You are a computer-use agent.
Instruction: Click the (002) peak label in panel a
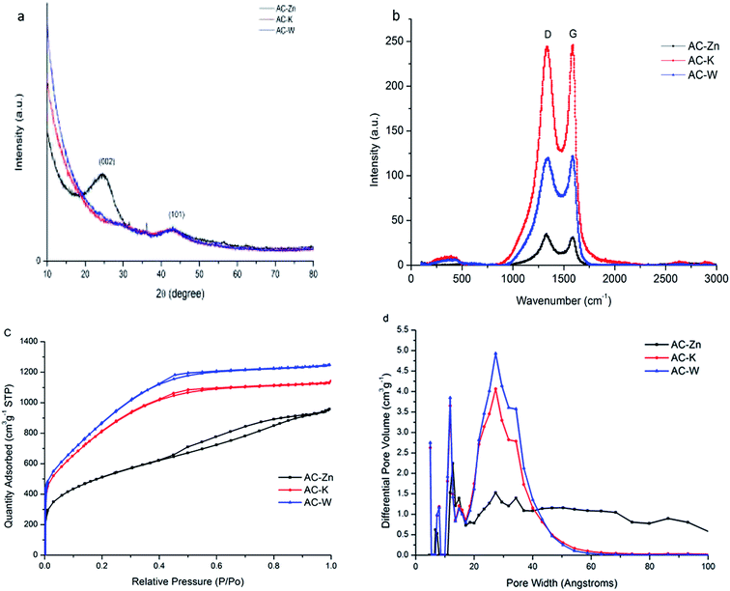click(106, 161)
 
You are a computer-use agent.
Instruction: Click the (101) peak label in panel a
click(177, 214)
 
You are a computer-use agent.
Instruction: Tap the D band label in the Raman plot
click(547, 34)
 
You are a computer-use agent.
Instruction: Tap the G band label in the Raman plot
click(574, 34)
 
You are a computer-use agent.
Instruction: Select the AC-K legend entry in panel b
click(689, 60)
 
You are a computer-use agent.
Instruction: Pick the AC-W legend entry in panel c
click(306, 502)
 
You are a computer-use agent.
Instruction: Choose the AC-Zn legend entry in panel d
click(673, 345)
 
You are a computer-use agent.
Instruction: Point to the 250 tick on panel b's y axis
click(396, 42)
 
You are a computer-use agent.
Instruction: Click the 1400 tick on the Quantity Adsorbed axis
click(29, 342)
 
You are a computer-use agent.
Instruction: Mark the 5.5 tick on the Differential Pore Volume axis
click(403, 329)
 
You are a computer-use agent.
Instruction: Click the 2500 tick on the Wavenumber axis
click(665, 278)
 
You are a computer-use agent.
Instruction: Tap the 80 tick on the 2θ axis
click(313, 274)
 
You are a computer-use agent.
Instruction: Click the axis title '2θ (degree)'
click(181, 294)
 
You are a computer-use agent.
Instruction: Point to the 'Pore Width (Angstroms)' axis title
click(561, 582)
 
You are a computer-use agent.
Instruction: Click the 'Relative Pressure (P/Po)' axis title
click(187, 581)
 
